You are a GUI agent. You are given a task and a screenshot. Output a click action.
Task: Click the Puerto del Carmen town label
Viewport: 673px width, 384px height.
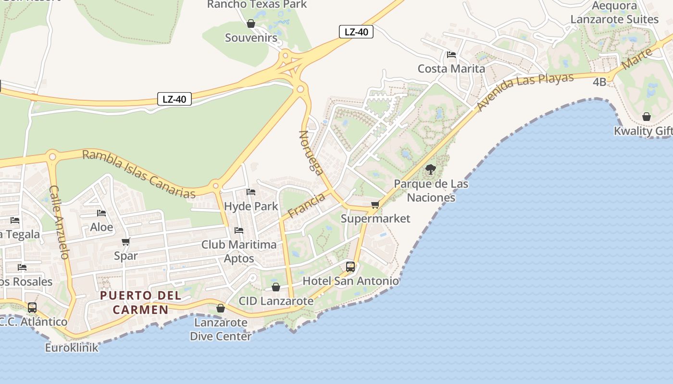click(140, 302)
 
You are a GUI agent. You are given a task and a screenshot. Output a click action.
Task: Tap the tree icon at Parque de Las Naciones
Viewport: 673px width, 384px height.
click(431, 169)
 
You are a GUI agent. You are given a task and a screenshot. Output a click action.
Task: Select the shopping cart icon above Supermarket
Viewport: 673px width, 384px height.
click(375, 205)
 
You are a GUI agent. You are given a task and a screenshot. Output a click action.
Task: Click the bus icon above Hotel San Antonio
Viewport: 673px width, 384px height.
click(350, 267)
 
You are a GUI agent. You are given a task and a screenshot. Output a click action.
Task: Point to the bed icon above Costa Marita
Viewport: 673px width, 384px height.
click(451, 55)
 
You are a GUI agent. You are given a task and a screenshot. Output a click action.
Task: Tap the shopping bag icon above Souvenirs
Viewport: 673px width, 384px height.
click(251, 24)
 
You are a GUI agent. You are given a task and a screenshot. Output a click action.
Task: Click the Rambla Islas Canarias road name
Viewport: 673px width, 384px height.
click(138, 174)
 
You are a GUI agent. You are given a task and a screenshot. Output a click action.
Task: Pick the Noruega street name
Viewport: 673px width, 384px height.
click(311, 151)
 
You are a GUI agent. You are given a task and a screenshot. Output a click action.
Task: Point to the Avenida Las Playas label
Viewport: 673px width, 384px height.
click(525, 91)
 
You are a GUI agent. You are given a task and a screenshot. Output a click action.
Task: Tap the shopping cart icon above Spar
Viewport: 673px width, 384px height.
click(126, 241)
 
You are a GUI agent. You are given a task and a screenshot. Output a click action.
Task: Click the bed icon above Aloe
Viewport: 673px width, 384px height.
click(101, 213)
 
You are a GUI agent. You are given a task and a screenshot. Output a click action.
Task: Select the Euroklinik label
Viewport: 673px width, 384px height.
click(72, 348)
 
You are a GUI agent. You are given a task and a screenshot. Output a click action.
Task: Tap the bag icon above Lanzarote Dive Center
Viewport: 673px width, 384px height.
click(221, 308)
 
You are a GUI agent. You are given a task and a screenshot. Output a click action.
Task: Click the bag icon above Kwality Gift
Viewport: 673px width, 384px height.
click(647, 117)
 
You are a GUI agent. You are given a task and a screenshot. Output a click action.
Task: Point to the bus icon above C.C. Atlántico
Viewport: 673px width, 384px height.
click(32, 308)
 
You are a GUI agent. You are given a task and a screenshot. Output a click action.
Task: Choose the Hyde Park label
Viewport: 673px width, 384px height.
click(251, 206)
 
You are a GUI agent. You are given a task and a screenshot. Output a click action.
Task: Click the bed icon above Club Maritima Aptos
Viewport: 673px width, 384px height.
click(239, 230)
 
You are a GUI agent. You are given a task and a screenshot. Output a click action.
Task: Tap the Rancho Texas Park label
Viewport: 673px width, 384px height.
click(257, 4)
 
